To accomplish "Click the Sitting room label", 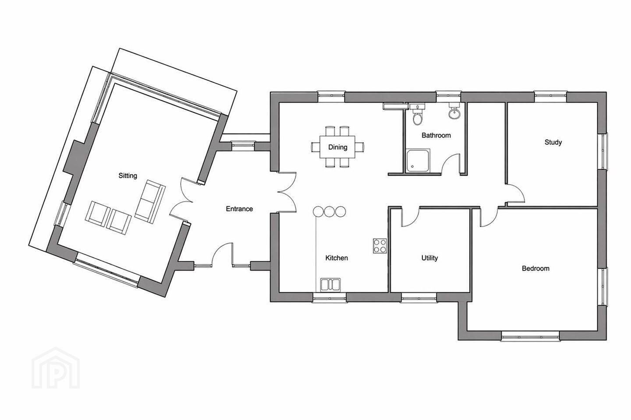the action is point(128,176).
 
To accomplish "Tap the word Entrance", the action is point(239,209).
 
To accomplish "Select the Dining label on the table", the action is point(337,147).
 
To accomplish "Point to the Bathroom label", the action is point(436,135).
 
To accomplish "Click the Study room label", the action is point(553,142).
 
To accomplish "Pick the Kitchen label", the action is point(337,258).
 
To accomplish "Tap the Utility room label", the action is point(429,258).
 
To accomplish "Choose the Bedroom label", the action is point(535,268).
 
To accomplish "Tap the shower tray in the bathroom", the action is point(418,161).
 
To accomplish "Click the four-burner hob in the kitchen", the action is point(380,246).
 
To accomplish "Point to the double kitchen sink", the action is point(330,285).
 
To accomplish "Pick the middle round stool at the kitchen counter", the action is point(330,211).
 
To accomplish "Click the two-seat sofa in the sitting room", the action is point(150,202).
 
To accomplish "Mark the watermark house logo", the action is point(56,368).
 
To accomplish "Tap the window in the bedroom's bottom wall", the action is point(530,336).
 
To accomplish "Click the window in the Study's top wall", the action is point(550,96).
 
